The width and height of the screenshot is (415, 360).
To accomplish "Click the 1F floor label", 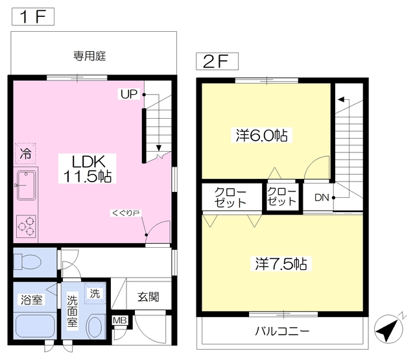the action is pyautogui.click(x=33, y=17).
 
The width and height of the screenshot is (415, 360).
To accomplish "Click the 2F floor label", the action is pyautogui.click(x=217, y=62).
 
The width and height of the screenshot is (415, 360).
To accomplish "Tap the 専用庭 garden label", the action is pyautogui.click(x=89, y=56).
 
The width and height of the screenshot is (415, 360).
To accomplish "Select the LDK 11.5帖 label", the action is pyautogui.click(x=88, y=169).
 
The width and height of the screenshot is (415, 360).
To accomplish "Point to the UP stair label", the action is pyautogui.click(x=129, y=94).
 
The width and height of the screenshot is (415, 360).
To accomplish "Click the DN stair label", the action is pyautogui.click(x=322, y=197).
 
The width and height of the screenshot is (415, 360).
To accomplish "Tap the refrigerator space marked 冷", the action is pyautogui.click(x=25, y=154).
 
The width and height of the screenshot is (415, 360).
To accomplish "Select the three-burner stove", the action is pyautogui.click(x=26, y=226).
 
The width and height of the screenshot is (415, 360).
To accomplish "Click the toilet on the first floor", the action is pyautogui.click(x=27, y=262).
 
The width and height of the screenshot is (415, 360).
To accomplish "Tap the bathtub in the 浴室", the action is pyautogui.click(x=35, y=326).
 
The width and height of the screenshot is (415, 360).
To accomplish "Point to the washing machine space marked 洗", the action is pyautogui.click(x=95, y=293).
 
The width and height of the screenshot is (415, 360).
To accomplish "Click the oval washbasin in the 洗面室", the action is pyautogui.click(x=94, y=327).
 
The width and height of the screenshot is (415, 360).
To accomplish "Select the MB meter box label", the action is pyautogui.click(x=120, y=320).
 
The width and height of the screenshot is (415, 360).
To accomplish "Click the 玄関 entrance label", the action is pyautogui.click(x=148, y=296).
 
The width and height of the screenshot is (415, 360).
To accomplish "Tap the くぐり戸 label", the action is pyautogui.click(x=126, y=213).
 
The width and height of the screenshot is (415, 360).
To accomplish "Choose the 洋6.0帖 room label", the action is pyautogui.click(x=261, y=136).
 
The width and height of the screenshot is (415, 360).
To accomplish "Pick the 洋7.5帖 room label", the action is pyautogui.click(x=281, y=263).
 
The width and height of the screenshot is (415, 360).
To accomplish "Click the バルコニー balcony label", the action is pyautogui.click(x=282, y=331).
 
